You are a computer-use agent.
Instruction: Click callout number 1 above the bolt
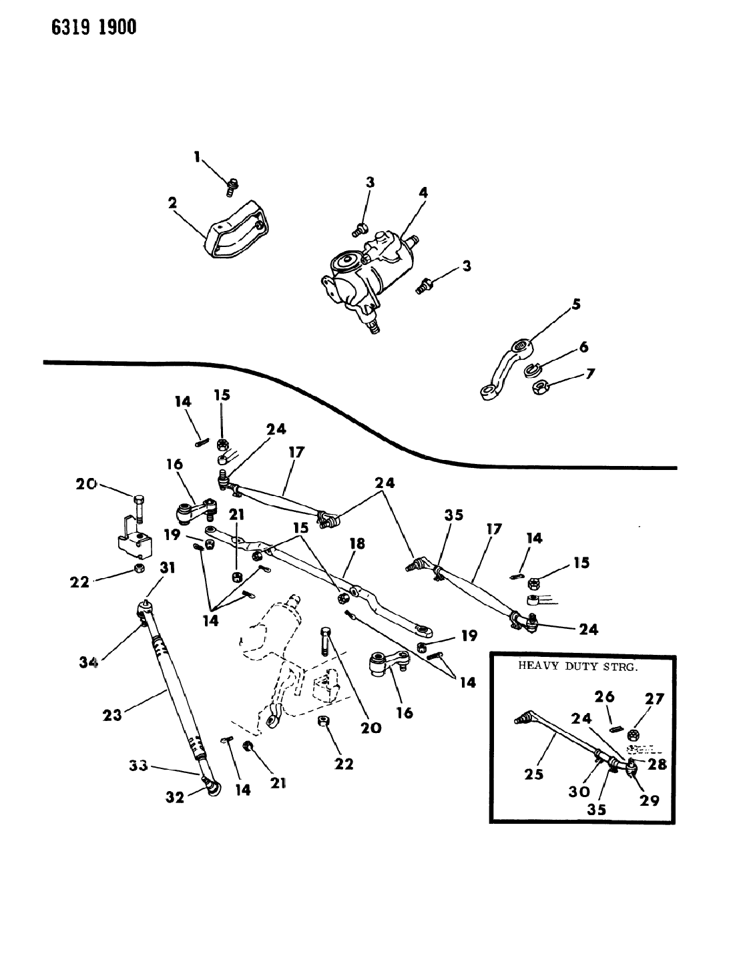(x=197, y=158)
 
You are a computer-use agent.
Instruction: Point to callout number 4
(x=423, y=193)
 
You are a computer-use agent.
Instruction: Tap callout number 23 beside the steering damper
(x=112, y=715)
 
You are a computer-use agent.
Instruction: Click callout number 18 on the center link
(x=357, y=544)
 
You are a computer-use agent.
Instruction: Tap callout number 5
(x=575, y=304)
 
